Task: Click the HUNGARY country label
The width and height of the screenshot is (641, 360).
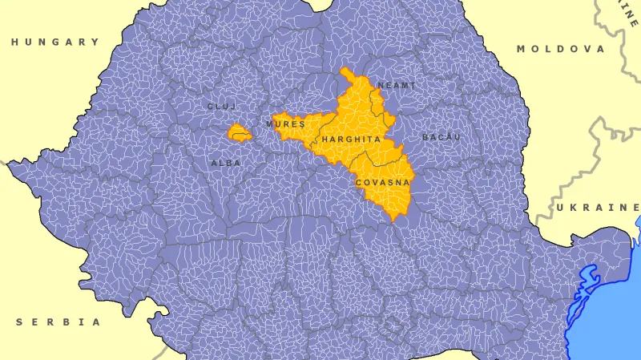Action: [x=55, y=42]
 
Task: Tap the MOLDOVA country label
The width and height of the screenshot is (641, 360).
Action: [x=560, y=49]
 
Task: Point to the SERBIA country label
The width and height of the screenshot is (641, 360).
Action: [x=58, y=322]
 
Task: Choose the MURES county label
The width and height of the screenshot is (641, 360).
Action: [x=286, y=125]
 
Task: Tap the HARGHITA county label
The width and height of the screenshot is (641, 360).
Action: [x=350, y=140]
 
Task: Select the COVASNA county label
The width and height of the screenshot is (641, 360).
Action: [x=381, y=183]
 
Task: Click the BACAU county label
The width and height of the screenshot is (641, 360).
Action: [x=441, y=138]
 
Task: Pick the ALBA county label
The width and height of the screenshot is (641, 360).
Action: [x=226, y=163]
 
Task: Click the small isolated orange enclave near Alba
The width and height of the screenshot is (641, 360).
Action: [x=239, y=133]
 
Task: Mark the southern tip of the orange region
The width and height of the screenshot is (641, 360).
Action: [x=393, y=220]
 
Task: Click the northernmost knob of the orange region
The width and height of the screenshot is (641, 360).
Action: [x=345, y=71]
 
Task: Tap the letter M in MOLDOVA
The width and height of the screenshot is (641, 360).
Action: [x=521, y=49]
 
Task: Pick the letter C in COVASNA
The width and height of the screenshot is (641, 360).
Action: [x=358, y=183]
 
